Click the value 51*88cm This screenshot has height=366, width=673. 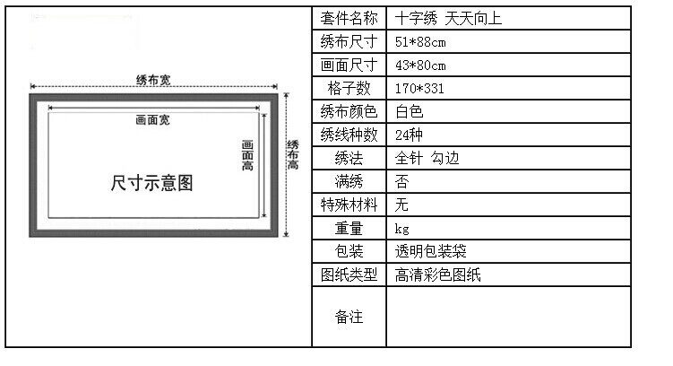420,42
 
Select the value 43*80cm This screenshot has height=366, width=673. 420,65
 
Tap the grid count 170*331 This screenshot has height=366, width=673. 419,89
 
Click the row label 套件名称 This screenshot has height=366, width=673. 349,19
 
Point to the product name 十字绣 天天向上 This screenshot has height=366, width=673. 448,19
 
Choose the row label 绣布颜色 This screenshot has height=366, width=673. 349,112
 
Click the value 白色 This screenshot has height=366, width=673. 409,112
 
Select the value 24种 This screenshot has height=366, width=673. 409,135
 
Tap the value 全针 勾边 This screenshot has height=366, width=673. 427,158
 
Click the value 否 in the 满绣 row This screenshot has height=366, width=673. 401,182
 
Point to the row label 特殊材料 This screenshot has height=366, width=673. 349,205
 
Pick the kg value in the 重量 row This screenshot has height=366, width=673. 401,229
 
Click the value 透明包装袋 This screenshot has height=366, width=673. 430,251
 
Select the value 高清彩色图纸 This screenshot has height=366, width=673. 438,274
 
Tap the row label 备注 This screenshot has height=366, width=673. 349,317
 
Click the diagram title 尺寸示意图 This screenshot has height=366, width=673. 151,183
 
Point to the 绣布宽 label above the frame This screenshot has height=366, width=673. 153,80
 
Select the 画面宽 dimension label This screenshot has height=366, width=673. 153,120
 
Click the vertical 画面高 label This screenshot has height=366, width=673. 247,155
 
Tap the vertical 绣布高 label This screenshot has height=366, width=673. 293,154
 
